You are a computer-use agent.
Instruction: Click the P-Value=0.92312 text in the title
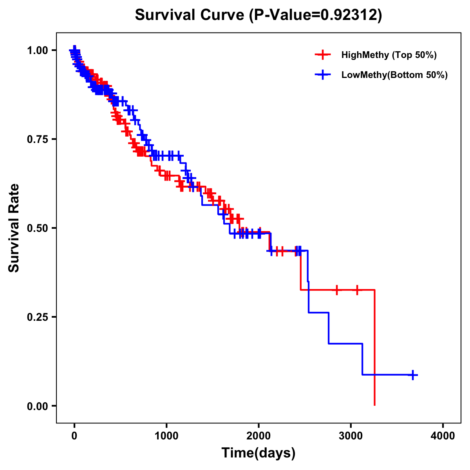tap(316, 15)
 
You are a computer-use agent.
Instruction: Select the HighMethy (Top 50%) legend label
tap(389, 55)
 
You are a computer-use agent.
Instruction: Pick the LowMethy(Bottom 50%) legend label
tap(394, 75)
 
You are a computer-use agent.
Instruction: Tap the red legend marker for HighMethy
tap(323, 55)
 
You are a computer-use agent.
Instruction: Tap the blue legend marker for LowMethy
tap(323, 75)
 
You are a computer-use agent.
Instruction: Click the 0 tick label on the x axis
tap(74, 436)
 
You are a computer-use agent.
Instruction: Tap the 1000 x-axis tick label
tap(166, 436)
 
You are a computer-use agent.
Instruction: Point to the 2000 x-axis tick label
tap(258, 436)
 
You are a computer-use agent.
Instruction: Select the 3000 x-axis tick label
tap(351, 436)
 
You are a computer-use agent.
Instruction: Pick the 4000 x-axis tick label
tap(443, 436)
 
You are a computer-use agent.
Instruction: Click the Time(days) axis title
tap(258, 453)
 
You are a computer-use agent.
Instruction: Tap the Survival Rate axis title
tap(14, 228)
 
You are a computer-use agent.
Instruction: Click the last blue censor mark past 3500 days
tap(412, 375)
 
